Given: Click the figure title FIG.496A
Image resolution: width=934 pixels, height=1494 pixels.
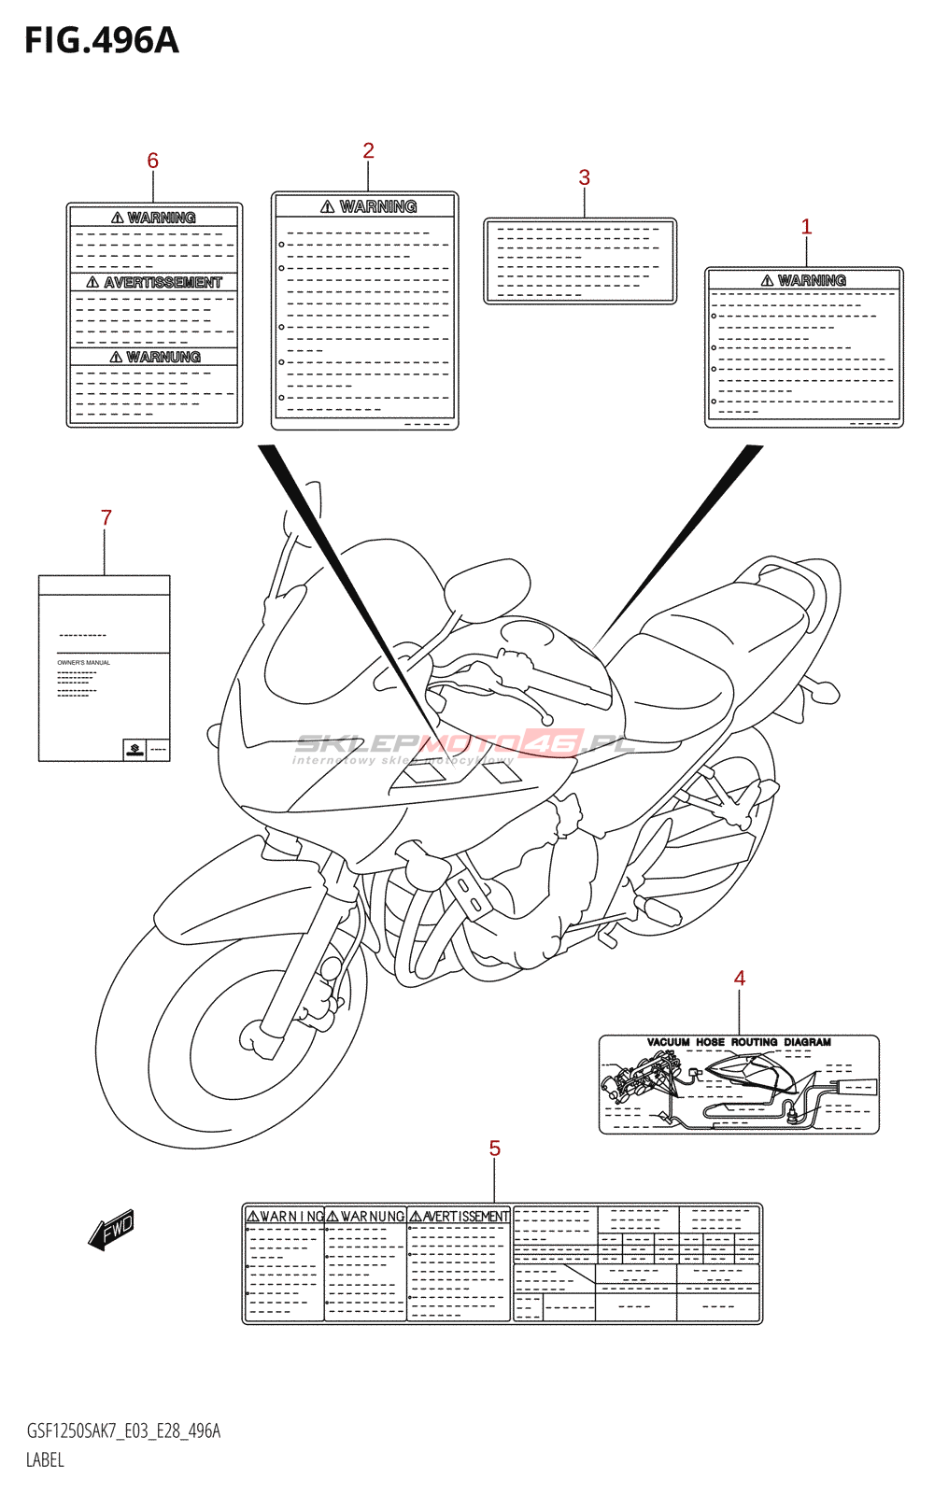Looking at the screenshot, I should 101,41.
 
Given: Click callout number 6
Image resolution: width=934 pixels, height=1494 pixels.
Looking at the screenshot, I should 153,161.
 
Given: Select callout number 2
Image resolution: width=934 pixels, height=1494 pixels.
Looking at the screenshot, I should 369,150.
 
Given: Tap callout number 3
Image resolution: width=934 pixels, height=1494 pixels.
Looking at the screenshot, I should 585,177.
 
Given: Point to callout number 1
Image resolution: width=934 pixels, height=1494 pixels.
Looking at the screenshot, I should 807,227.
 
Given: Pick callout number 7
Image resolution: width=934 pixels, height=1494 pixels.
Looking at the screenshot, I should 106,517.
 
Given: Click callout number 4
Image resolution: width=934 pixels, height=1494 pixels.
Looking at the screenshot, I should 740,978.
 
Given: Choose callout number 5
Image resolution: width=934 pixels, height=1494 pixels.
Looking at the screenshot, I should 495,1149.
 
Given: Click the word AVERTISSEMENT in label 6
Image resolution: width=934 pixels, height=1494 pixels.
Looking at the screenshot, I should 163,282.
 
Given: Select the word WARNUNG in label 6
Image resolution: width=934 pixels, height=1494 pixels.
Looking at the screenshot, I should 163,357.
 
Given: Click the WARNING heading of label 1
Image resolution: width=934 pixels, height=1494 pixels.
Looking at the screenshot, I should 811,280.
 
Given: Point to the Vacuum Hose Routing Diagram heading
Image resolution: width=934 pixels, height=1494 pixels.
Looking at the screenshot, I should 739,1042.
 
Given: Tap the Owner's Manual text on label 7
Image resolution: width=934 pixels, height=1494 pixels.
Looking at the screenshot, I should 84,663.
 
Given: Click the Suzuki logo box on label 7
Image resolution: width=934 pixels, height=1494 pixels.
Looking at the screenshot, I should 135,749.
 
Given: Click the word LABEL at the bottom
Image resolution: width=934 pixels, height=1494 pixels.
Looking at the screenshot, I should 45,1459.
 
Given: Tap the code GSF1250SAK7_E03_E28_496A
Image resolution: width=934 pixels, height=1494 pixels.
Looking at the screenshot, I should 123,1431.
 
